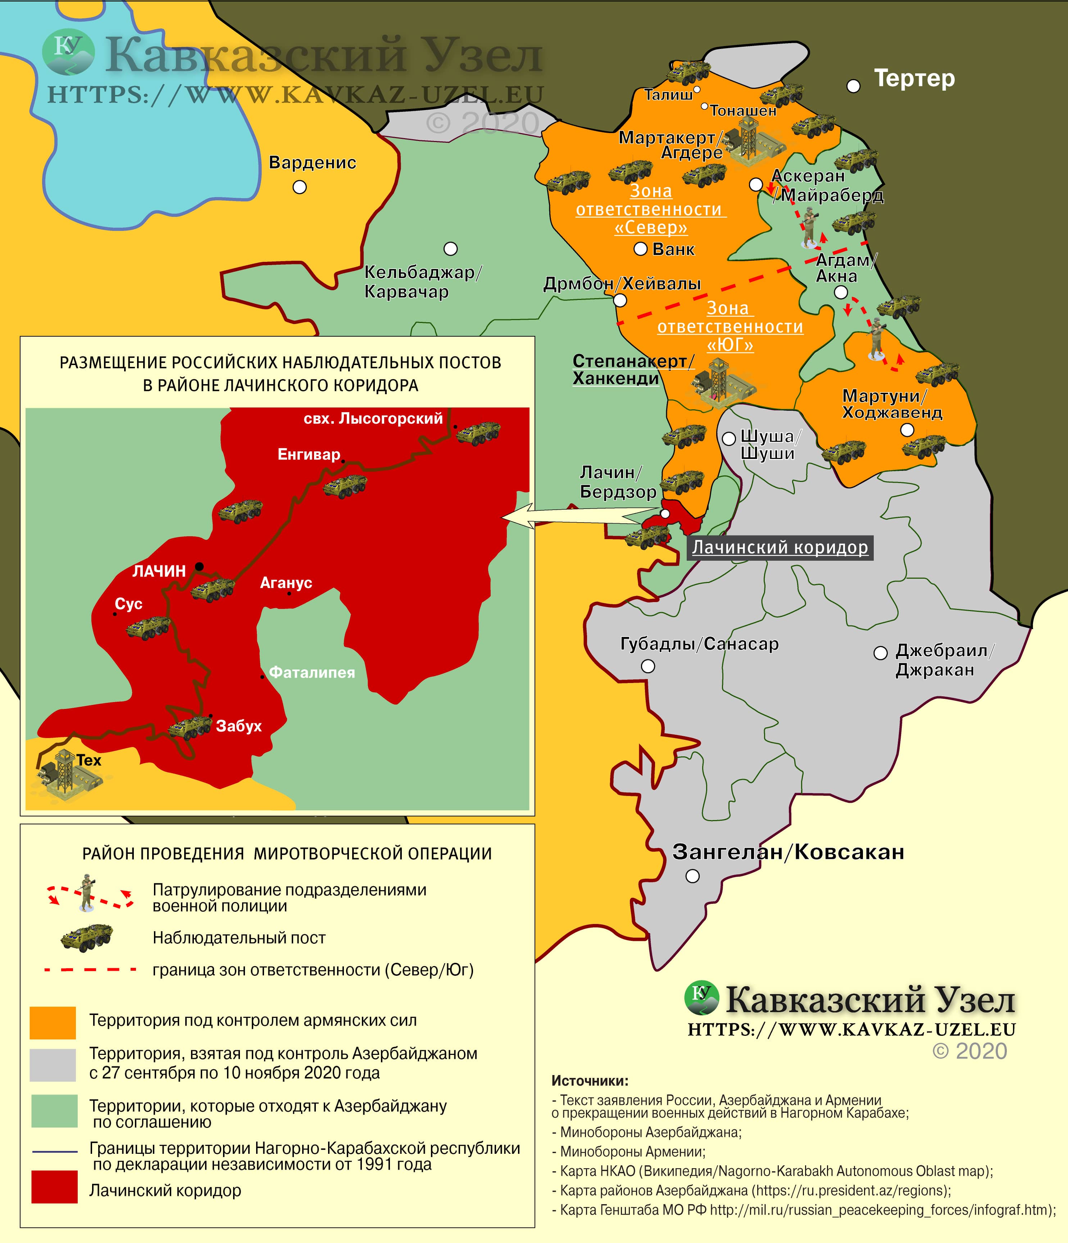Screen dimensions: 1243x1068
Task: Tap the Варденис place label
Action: click(312, 163)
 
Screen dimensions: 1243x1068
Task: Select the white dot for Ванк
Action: click(640, 249)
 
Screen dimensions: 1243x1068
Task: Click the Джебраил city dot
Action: click(880, 653)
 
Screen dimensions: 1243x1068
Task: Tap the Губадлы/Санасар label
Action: click(699, 644)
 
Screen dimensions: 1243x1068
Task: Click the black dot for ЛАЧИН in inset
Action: click(199, 566)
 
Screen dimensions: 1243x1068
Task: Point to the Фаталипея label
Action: click(312, 673)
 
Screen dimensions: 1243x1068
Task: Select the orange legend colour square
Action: click(53, 1023)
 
